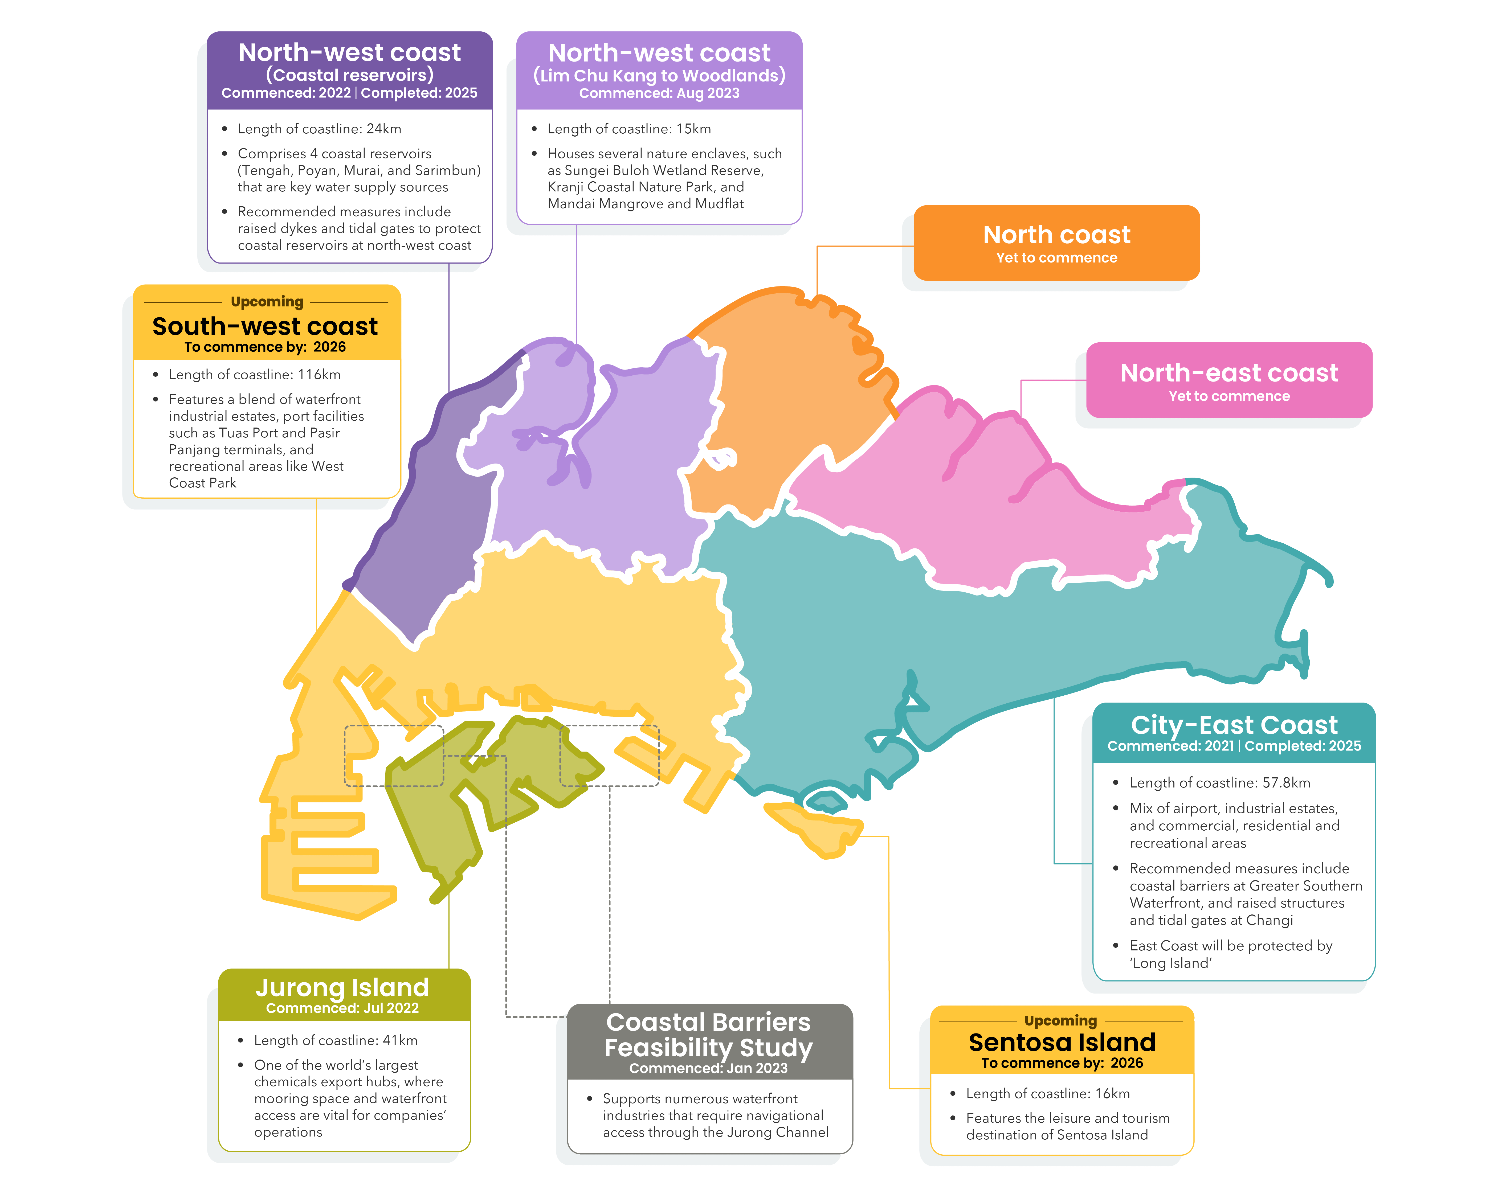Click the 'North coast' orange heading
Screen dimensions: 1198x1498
pos(1056,235)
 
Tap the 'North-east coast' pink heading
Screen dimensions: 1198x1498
pos(1228,373)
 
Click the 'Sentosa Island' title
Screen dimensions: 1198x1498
pos(1062,1042)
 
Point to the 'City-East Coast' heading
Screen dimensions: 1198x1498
pos(1233,724)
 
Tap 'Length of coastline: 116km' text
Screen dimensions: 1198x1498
pos(254,374)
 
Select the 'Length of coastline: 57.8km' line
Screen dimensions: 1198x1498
pos(1219,783)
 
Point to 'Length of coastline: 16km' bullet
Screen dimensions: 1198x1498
pos(1047,1093)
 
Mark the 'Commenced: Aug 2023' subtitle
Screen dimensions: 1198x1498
pos(659,93)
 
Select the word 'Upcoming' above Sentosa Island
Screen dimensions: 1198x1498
pos(1060,1020)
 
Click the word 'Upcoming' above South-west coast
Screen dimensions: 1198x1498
pos(267,301)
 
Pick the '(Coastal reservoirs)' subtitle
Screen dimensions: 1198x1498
pos(349,74)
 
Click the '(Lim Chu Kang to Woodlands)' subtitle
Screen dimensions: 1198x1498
pos(659,75)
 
